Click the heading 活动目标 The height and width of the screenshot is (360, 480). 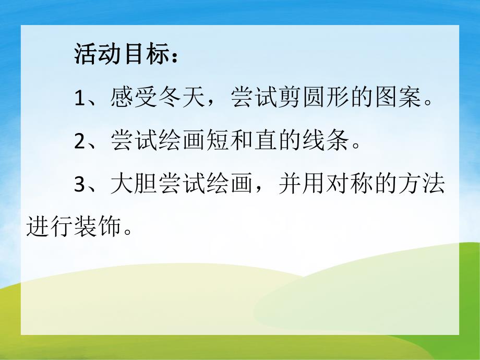pyautogui.click(x=121, y=55)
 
